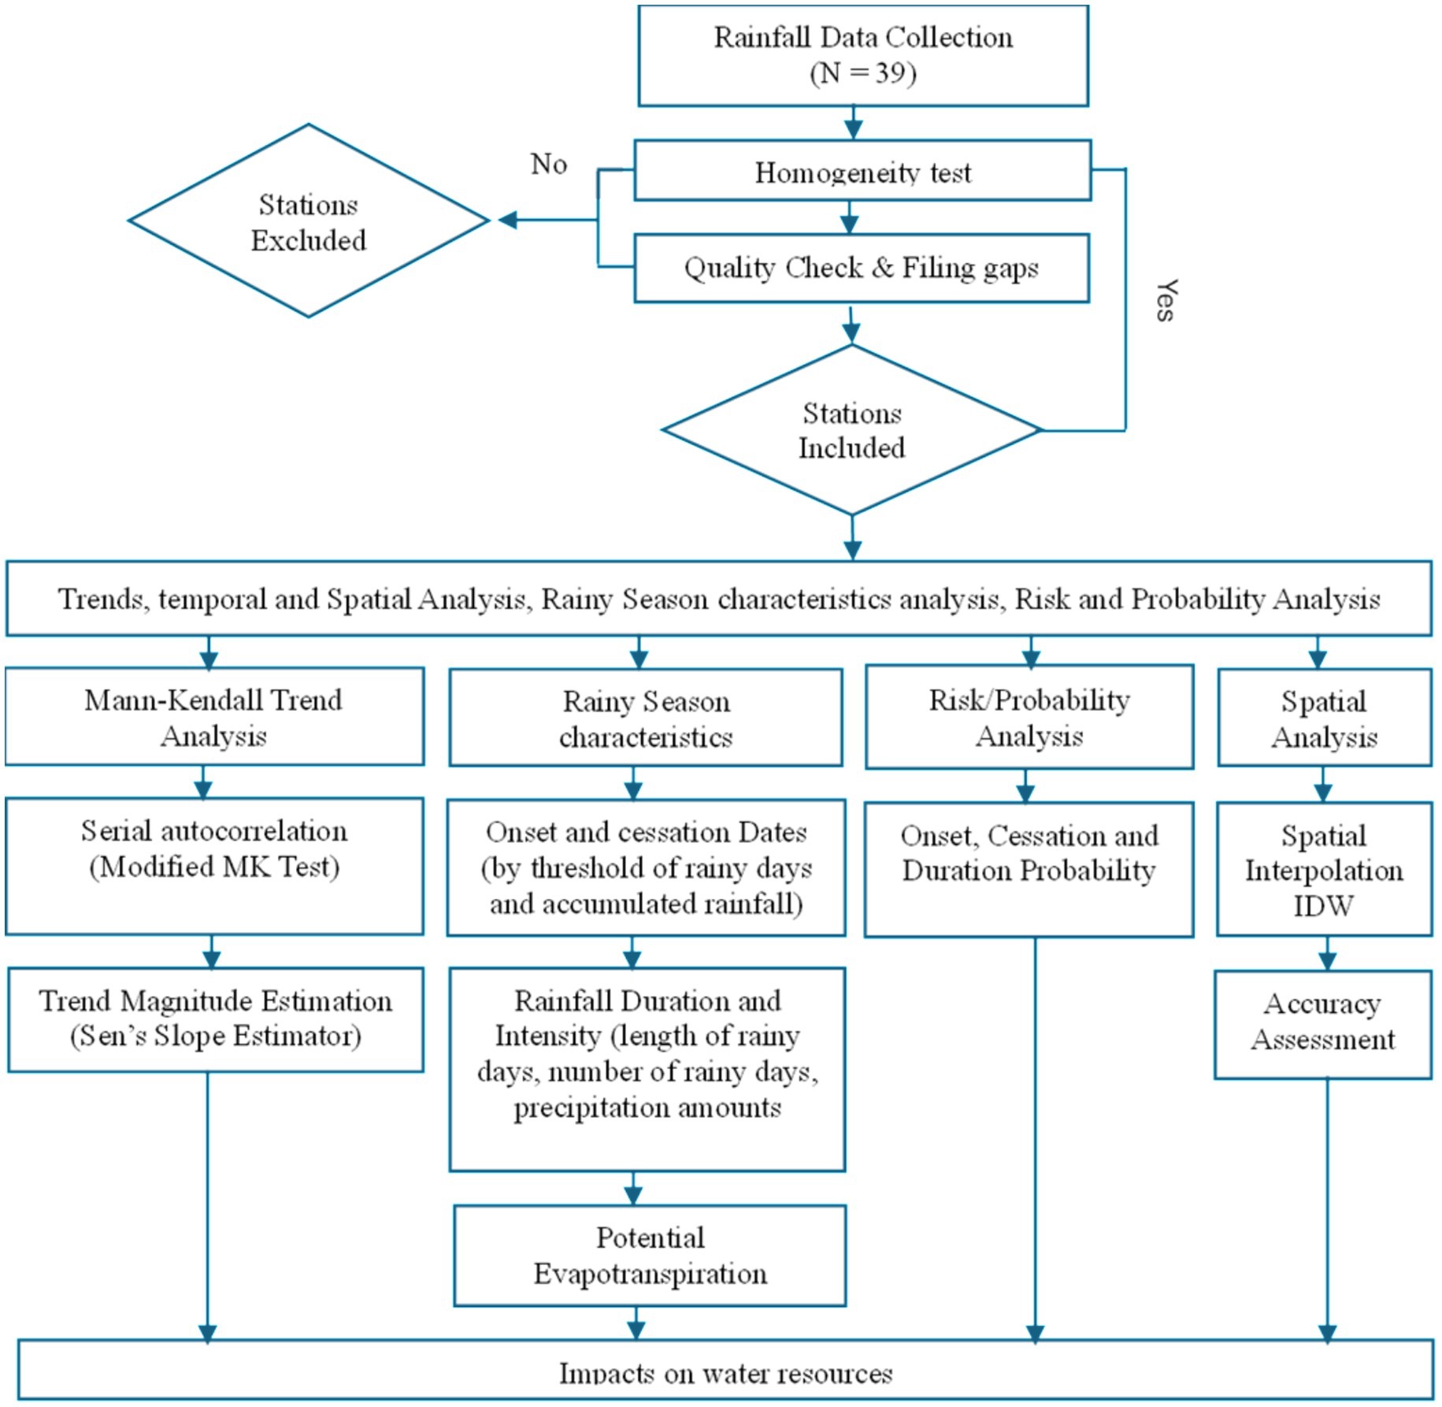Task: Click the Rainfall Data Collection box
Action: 862,55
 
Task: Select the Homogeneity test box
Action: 862,171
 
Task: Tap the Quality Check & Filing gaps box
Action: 861,268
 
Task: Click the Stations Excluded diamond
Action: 308,221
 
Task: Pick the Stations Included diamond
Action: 851,430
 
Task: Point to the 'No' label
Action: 548,164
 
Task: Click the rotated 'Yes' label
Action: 1166,300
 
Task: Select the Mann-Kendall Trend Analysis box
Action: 213,717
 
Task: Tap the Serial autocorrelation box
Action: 213,866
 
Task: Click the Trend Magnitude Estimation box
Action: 215,1019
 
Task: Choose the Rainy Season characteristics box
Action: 645,718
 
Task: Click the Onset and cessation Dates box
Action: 646,867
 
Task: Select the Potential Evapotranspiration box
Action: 650,1255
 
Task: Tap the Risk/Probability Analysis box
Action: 1029,717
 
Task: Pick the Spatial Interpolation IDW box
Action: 1323,869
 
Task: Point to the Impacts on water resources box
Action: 725,1372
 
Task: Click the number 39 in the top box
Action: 890,73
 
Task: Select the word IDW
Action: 1323,905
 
